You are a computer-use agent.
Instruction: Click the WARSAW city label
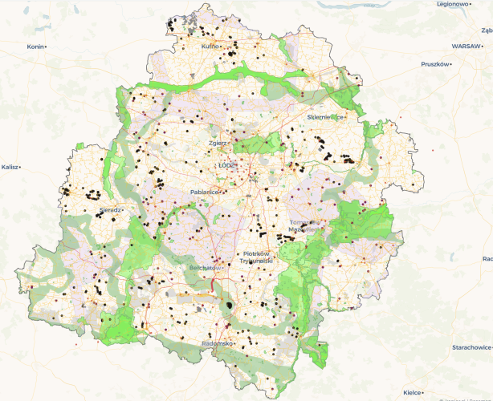465,47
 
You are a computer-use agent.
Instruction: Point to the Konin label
35,47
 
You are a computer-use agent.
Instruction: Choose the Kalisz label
10,167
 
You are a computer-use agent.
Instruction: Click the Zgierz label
218,142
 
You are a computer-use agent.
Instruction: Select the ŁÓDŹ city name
227,165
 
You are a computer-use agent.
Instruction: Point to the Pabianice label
204,192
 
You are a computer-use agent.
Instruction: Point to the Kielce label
412,392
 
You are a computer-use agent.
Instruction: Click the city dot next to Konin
47,47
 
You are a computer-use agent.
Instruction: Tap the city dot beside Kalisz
20,167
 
